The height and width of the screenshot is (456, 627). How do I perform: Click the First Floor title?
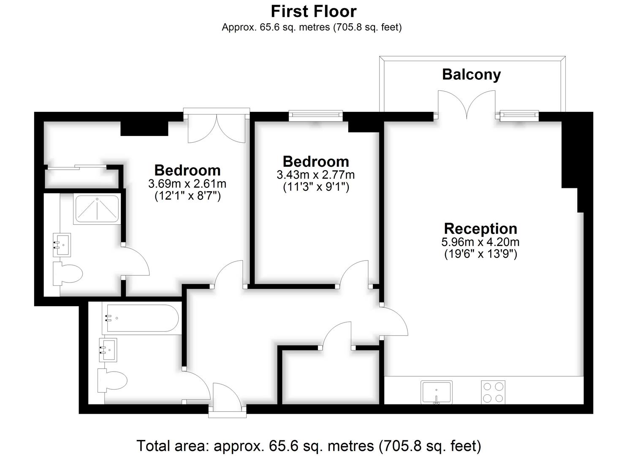[313, 11]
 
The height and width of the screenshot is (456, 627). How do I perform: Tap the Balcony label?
[471, 75]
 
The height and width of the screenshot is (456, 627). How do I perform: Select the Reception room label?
[480, 228]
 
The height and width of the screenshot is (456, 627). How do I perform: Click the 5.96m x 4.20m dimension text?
[480, 242]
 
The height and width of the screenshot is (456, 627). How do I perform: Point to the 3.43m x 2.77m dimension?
[316, 175]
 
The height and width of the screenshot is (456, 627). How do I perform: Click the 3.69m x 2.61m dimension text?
[187, 184]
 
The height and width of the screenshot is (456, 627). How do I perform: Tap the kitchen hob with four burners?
[493, 392]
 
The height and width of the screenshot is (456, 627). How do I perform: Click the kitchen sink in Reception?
[437, 392]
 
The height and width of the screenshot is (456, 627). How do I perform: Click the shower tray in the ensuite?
[97, 209]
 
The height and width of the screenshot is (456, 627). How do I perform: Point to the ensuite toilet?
[67, 274]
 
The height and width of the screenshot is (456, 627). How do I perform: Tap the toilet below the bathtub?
[112, 380]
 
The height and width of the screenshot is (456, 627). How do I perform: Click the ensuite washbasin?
[62, 244]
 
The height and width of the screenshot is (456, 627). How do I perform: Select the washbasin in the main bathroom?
[108, 350]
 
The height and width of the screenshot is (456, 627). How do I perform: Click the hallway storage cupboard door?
[337, 335]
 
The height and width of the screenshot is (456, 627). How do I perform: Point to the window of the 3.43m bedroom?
[315, 115]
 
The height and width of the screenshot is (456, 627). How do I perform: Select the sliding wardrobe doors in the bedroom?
[77, 167]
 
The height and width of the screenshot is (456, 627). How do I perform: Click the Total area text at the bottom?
[309, 445]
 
